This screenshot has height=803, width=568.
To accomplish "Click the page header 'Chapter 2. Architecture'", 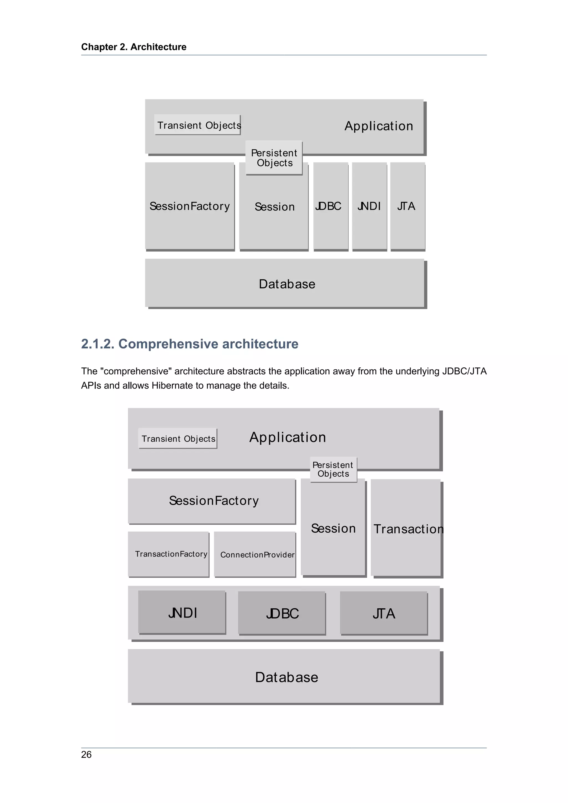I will click(x=134, y=47).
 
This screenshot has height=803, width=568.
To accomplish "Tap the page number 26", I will click(x=86, y=754).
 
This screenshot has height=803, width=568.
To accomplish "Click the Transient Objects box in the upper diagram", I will click(x=198, y=124).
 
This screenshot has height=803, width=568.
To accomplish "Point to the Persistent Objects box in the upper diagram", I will click(x=274, y=158).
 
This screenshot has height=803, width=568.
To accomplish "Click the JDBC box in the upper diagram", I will click(x=331, y=206).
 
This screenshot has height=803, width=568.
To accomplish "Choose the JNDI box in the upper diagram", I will click(x=369, y=206).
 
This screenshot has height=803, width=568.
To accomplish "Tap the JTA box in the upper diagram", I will click(x=407, y=206).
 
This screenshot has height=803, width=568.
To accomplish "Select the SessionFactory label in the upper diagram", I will click(x=190, y=206).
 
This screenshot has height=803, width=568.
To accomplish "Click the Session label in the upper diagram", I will click(x=275, y=207).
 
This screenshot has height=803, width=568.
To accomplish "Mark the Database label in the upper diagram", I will click(x=287, y=284).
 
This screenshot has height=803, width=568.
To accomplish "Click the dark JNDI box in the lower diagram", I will click(x=182, y=613).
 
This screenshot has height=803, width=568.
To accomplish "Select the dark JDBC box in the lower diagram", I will click(x=282, y=613).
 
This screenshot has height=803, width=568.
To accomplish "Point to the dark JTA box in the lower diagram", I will click(x=384, y=613).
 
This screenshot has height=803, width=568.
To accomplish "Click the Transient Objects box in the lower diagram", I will click(x=178, y=439).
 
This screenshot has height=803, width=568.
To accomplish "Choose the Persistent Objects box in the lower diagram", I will click(x=333, y=469).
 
